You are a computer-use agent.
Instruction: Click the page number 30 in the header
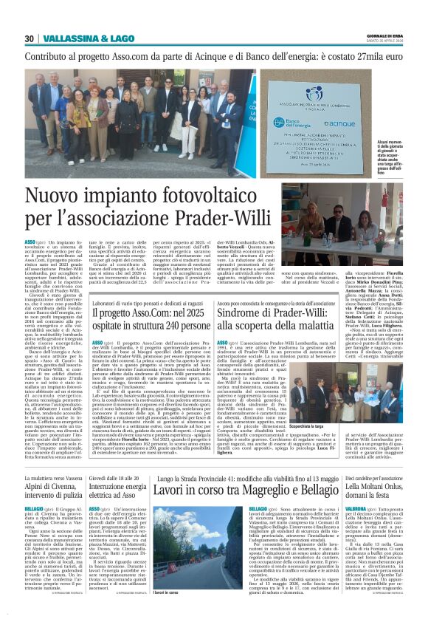point(30,39)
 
